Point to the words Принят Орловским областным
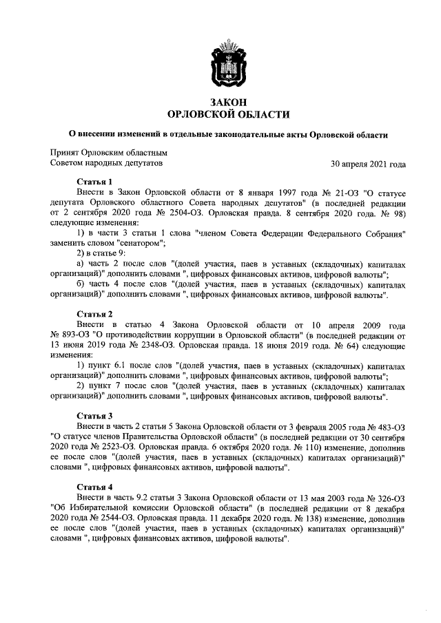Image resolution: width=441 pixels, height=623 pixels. [108, 153]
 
